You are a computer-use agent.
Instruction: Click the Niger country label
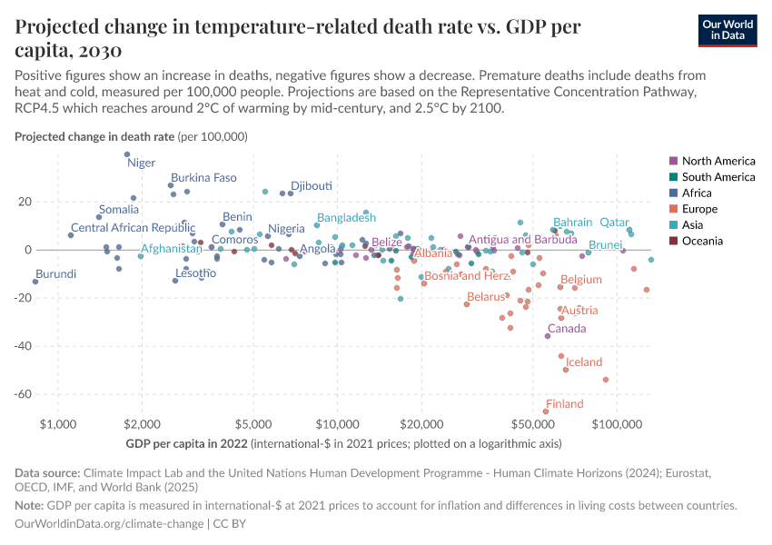coord(142,163)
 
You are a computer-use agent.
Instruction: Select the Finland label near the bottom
coord(564,404)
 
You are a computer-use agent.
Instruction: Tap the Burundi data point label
coord(55,273)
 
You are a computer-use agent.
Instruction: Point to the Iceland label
coord(584,362)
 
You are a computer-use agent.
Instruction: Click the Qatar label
coord(614,223)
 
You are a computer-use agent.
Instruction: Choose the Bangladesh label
coord(346,218)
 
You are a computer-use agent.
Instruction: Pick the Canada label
coord(567,329)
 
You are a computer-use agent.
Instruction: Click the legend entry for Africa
coord(701,193)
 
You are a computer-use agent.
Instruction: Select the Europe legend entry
coord(703,209)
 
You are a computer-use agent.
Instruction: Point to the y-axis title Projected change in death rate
coord(94,136)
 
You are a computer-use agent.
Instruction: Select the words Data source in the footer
coord(47,473)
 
